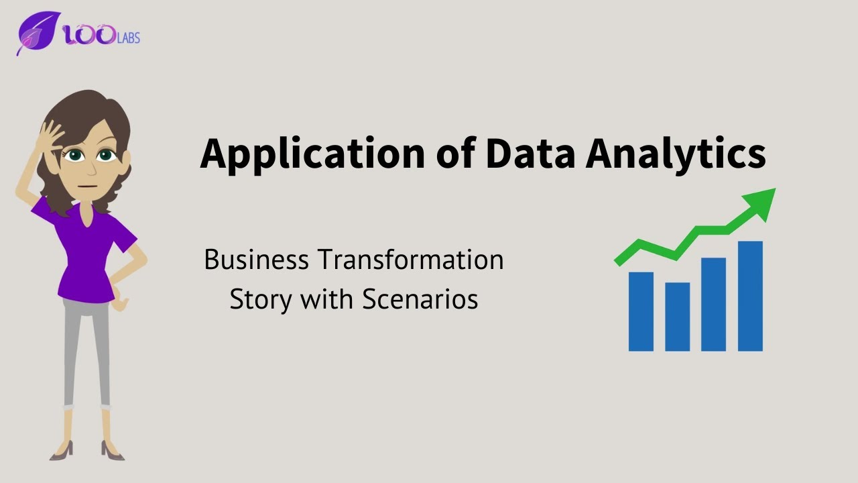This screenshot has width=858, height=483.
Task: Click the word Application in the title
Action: [312, 154]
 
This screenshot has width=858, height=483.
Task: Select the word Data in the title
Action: [530, 154]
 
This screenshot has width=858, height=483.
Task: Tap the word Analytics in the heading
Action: [676, 154]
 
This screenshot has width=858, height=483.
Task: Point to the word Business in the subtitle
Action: [257, 260]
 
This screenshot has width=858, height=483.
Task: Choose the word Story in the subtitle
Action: [261, 299]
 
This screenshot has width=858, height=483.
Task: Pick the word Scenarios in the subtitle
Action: [420, 299]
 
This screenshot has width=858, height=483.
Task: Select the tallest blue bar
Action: [750, 296]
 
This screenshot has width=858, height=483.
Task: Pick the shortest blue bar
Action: [677, 317]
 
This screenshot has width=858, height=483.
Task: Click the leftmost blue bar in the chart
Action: [641, 311]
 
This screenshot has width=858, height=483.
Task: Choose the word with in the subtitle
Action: [326, 299]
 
